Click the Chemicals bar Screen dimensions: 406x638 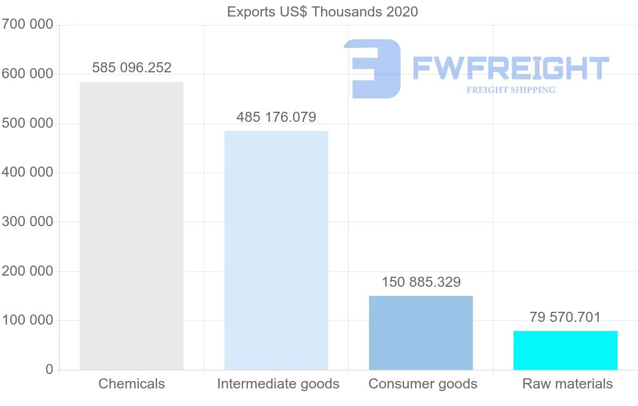[x=131, y=226]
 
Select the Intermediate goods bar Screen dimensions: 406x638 [x=276, y=250]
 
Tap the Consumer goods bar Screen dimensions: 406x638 [x=421, y=333]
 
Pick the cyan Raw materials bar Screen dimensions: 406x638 [x=565, y=350]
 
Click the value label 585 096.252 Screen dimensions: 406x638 [x=132, y=68]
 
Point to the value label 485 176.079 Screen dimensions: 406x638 [x=276, y=117]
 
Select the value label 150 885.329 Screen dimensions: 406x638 [x=421, y=282]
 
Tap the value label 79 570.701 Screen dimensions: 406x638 [x=565, y=317]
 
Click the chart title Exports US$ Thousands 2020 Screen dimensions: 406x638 [x=322, y=12]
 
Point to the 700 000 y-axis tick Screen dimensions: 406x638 [x=27, y=24]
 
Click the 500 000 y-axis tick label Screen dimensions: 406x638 [x=27, y=123]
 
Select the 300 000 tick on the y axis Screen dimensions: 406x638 [x=27, y=222]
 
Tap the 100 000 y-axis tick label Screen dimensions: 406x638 [x=27, y=320]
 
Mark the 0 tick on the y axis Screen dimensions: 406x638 [x=49, y=369]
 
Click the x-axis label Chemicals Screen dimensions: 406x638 [x=131, y=384]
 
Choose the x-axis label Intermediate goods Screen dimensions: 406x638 [x=278, y=384]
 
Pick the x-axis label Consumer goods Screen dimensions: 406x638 [x=423, y=384]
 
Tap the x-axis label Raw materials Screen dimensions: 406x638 [x=567, y=384]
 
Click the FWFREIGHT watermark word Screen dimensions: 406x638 [x=510, y=68]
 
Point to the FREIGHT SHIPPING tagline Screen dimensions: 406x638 [x=511, y=90]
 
